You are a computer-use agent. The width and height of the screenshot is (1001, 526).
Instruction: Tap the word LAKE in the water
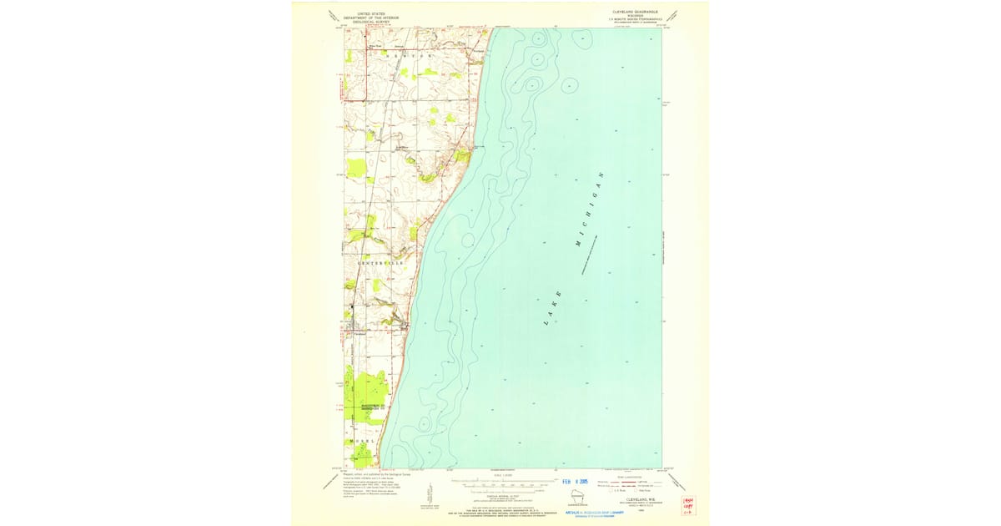click(552, 307)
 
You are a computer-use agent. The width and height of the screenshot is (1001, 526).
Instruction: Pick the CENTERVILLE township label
click(380, 263)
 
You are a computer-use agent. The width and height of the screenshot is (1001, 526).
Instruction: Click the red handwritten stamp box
click(688, 504)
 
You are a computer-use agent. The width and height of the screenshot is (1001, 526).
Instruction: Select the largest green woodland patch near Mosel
click(366, 392)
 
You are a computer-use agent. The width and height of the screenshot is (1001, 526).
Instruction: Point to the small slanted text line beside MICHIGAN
click(594, 249)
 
